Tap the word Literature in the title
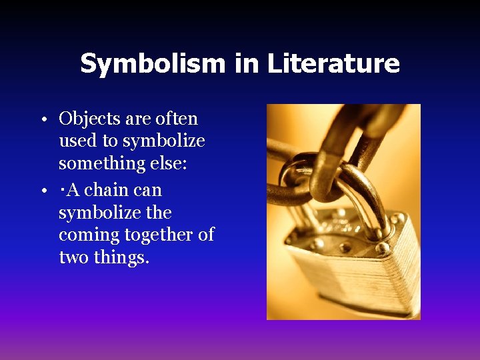[333, 63]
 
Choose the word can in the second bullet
[147, 190]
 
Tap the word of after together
[206, 235]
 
